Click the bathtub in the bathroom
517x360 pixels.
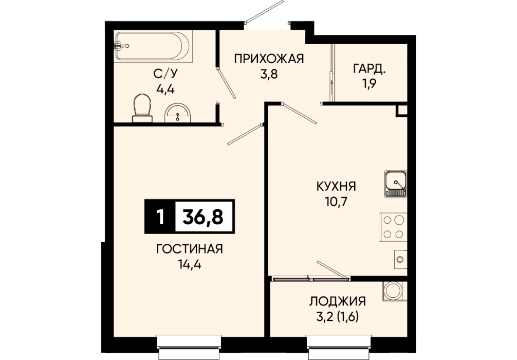[153, 46]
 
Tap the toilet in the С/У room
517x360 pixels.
[142, 107]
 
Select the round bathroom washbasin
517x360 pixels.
[178, 113]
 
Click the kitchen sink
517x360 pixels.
[395, 184]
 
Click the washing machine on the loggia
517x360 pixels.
[395, 291]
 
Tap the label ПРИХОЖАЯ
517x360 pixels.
[269, 59]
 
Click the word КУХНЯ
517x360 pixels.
[336, 187]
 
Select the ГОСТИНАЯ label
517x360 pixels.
[190, 249]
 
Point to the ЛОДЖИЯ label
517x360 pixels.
[337, 301]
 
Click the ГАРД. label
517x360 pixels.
[370, 69]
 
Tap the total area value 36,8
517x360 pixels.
[203, 217]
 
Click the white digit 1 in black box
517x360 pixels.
[160, 217]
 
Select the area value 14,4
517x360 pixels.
[189, 264]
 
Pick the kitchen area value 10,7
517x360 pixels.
[336, 202]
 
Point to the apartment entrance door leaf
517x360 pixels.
[265, 11]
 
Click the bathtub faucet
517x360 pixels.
[121, 46]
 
